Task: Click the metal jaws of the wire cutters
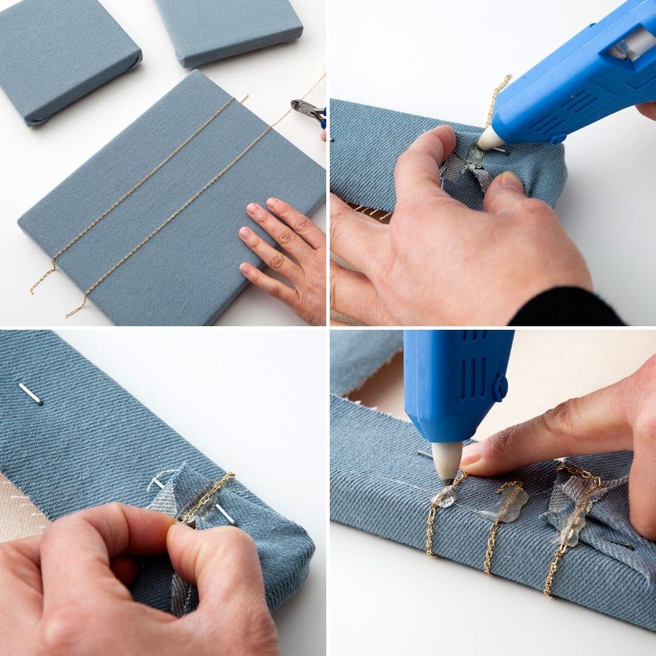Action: click(x=303, y=107)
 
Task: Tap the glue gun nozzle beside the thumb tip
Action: click(x=489, y=139)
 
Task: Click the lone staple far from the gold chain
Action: click(x=30, y=394)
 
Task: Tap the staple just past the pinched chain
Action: click(x=224, y=513)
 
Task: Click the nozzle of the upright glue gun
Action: click(x=447, y=463)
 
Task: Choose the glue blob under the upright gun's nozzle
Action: click(x=444, y=496)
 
